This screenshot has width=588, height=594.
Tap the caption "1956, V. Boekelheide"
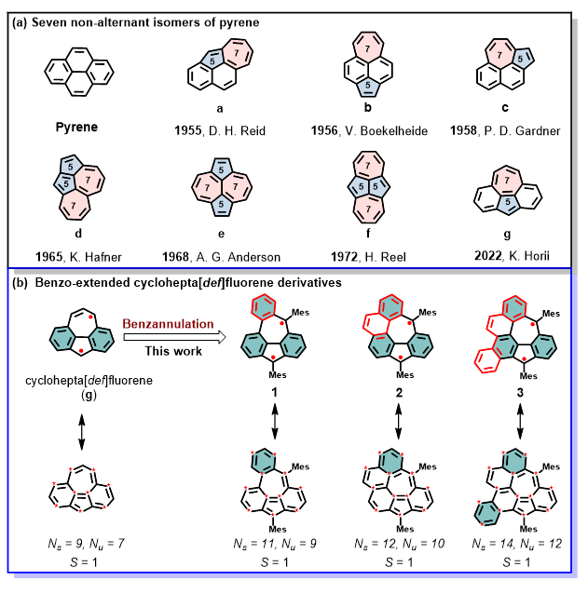click(x=369, y=131)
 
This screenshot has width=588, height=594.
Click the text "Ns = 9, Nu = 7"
click(x=80, y=543)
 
